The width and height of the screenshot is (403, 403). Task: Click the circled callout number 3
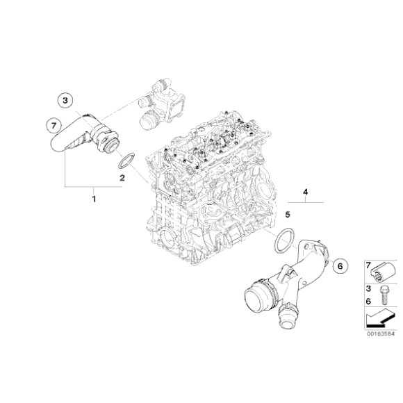click(65, 101)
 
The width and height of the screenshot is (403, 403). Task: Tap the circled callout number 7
click(51, 126)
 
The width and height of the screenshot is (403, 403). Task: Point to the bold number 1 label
click(95, 199)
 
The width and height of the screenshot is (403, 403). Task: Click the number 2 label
click(122, 178)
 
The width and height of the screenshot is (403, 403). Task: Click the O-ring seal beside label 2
click(125, 162)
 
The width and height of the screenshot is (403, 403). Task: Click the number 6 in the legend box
click(368, 299)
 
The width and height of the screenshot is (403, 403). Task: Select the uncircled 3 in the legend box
click(368, 288)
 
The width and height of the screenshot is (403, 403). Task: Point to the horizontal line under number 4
click(305, 200)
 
